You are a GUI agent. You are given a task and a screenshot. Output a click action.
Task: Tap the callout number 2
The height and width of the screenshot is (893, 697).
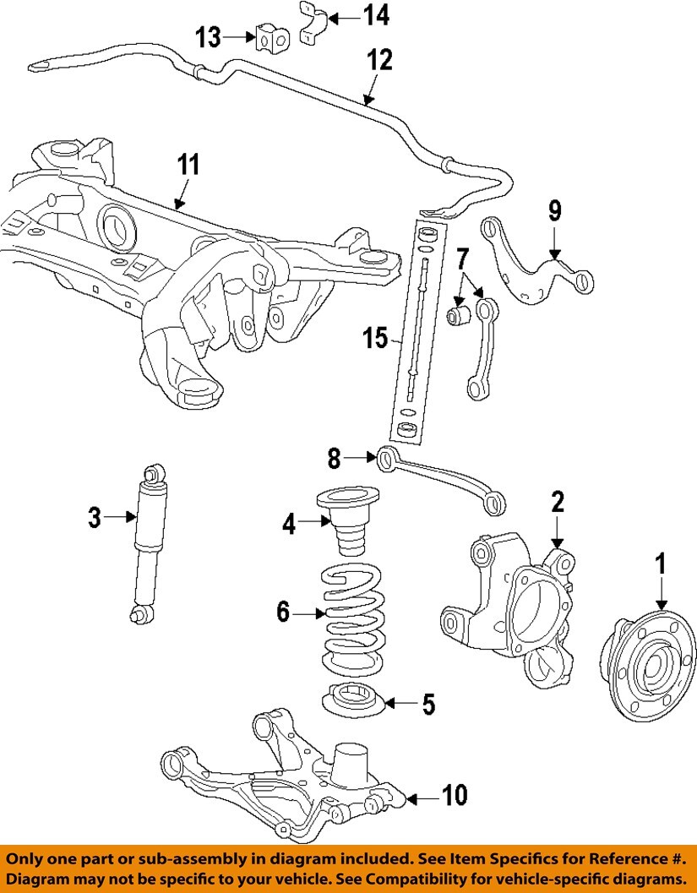coord(557,502)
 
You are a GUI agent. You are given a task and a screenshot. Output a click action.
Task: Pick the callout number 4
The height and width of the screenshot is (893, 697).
coord(290,525)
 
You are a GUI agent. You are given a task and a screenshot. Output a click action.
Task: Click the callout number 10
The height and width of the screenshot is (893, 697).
coord(454,795)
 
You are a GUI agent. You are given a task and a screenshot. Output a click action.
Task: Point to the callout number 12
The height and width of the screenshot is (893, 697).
coord(380,61)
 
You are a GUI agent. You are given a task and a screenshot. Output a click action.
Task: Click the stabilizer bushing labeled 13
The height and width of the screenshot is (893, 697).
coord(269,37)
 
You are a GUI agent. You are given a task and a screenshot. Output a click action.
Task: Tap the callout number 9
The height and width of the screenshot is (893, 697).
coord(554,210)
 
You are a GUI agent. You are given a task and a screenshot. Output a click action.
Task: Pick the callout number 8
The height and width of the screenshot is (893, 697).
coord(334,458)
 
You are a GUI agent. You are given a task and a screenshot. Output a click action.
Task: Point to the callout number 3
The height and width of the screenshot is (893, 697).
coord(95,515)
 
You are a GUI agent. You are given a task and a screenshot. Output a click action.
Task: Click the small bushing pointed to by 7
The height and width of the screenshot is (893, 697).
coord(458,318)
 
